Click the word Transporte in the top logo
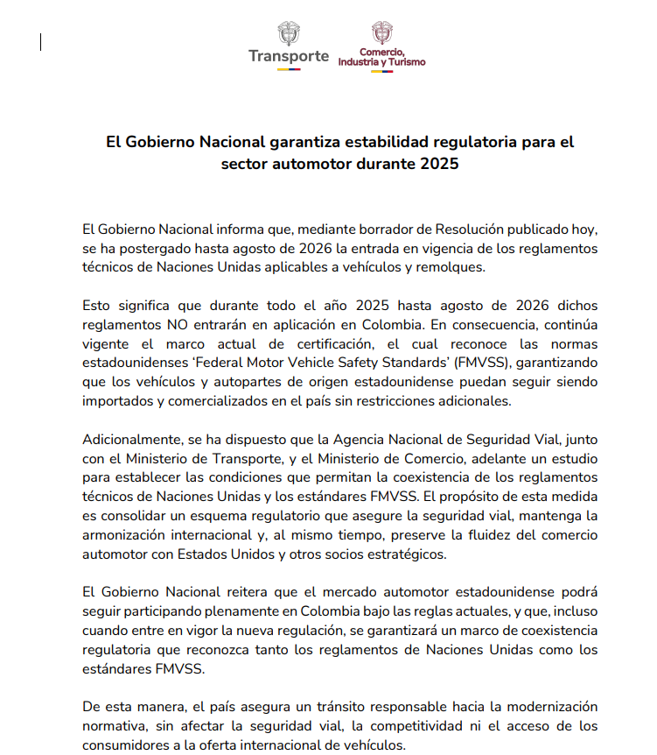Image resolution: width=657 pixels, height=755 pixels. coord(288,56)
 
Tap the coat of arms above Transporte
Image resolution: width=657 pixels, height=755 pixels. coord(288,33)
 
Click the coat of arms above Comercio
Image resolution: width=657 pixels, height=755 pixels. coord(381,32)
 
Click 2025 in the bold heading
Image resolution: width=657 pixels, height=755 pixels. coord(438,164)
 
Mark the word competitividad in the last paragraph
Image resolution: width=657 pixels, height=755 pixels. coord(399,726)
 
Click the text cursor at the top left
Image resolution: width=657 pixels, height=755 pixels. coord(40,42)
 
